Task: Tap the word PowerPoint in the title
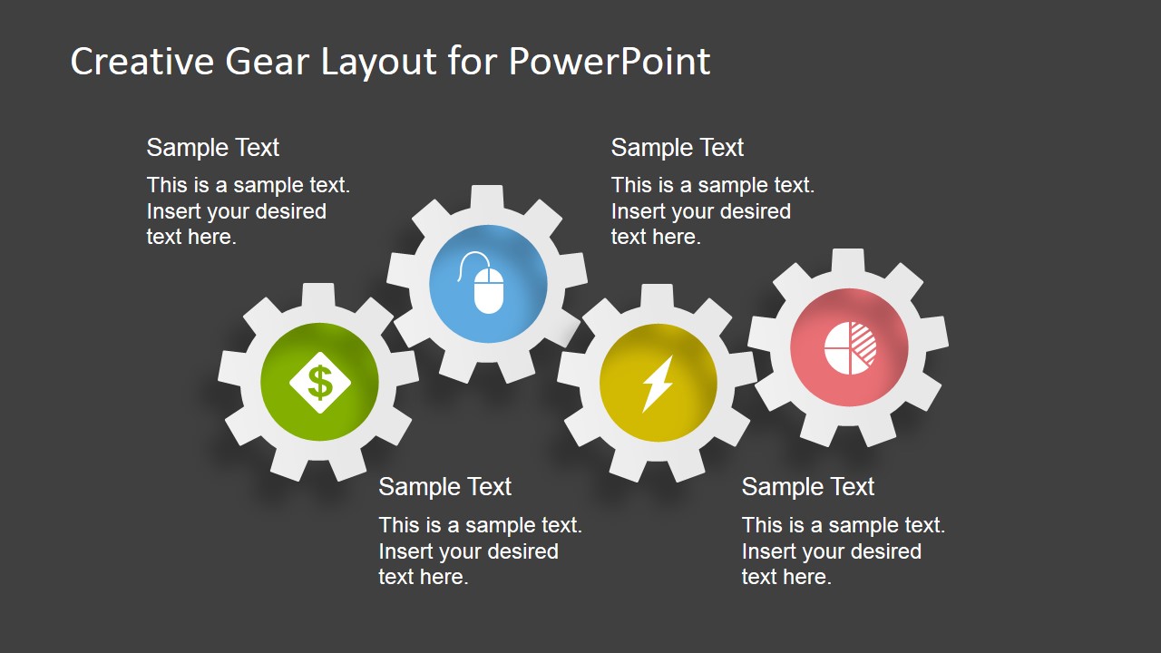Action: pos(609,62)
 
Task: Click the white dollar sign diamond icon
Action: pos(319,382)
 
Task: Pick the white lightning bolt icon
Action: pos(658,383)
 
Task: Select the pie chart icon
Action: pos(850,348)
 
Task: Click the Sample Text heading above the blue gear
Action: pos(212,148)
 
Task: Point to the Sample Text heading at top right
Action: pos(677,148)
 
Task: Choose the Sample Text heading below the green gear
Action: pos(444,487)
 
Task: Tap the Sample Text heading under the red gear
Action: pos(807,487)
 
